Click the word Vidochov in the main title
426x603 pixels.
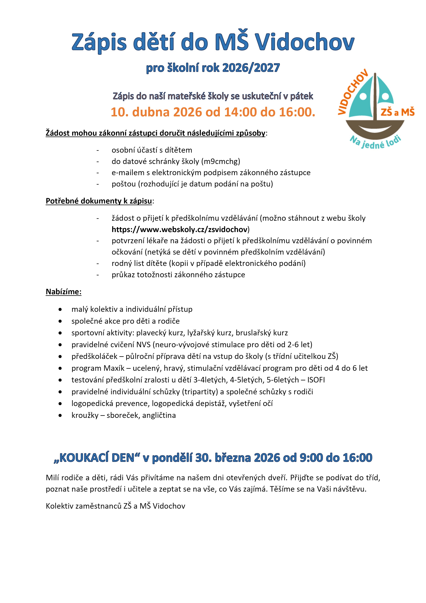tap(305, 42)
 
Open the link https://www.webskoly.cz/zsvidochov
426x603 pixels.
tap(180, 229)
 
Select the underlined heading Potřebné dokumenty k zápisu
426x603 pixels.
tap(99, 201)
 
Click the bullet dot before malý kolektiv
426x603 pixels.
tap(60, 310)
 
